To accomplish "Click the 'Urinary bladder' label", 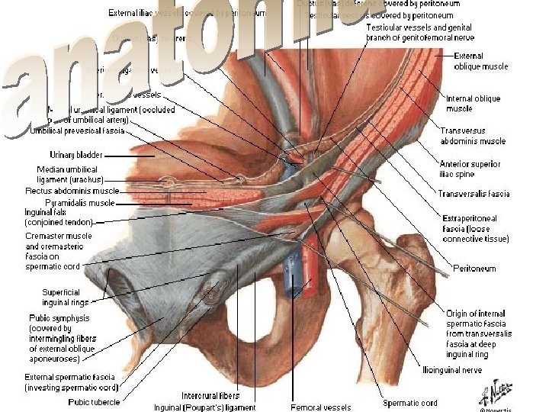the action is (x=71, y=155).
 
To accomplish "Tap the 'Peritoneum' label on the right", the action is (x=474, y=269).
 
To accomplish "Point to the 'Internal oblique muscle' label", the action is (x=473, y=104).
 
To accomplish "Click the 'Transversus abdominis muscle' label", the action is (x=473, y=136).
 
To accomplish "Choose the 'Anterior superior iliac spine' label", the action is (x=470, y=168).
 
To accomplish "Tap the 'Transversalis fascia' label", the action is (x=474, y=194).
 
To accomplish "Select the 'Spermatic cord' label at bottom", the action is (x=410, y=403).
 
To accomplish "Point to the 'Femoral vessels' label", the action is (x=321, y=407).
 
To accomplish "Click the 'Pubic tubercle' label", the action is (x=94, y=401).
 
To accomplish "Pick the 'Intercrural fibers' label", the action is (x=210, y=395).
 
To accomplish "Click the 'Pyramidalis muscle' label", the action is (x=80, y=203).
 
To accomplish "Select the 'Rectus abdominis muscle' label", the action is (x=72, y=191).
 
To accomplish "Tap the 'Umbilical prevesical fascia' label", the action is (x=76, y=130).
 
